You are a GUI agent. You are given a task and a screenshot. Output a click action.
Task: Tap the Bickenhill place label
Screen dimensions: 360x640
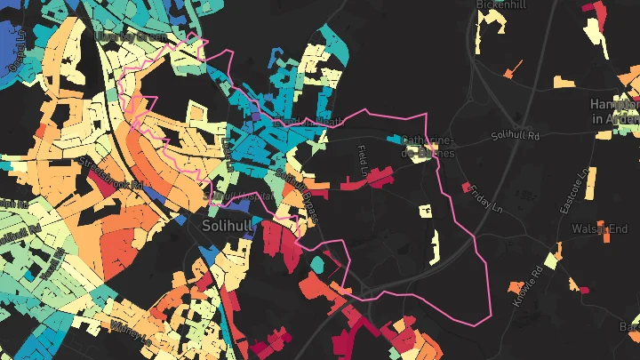pos(502,4)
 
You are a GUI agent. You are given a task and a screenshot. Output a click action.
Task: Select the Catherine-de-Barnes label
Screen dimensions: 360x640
pos(429,147)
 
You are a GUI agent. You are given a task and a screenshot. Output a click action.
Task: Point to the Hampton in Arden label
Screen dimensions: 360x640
pos(615,111)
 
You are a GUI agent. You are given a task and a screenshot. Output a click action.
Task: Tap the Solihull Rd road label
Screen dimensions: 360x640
pos(516,136)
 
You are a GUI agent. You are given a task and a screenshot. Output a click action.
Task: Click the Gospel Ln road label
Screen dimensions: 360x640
pos(15,55)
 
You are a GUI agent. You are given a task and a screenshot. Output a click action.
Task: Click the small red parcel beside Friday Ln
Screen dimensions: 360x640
pos(466,187)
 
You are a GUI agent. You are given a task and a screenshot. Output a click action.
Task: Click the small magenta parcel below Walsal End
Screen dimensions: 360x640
pos(584,289)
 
